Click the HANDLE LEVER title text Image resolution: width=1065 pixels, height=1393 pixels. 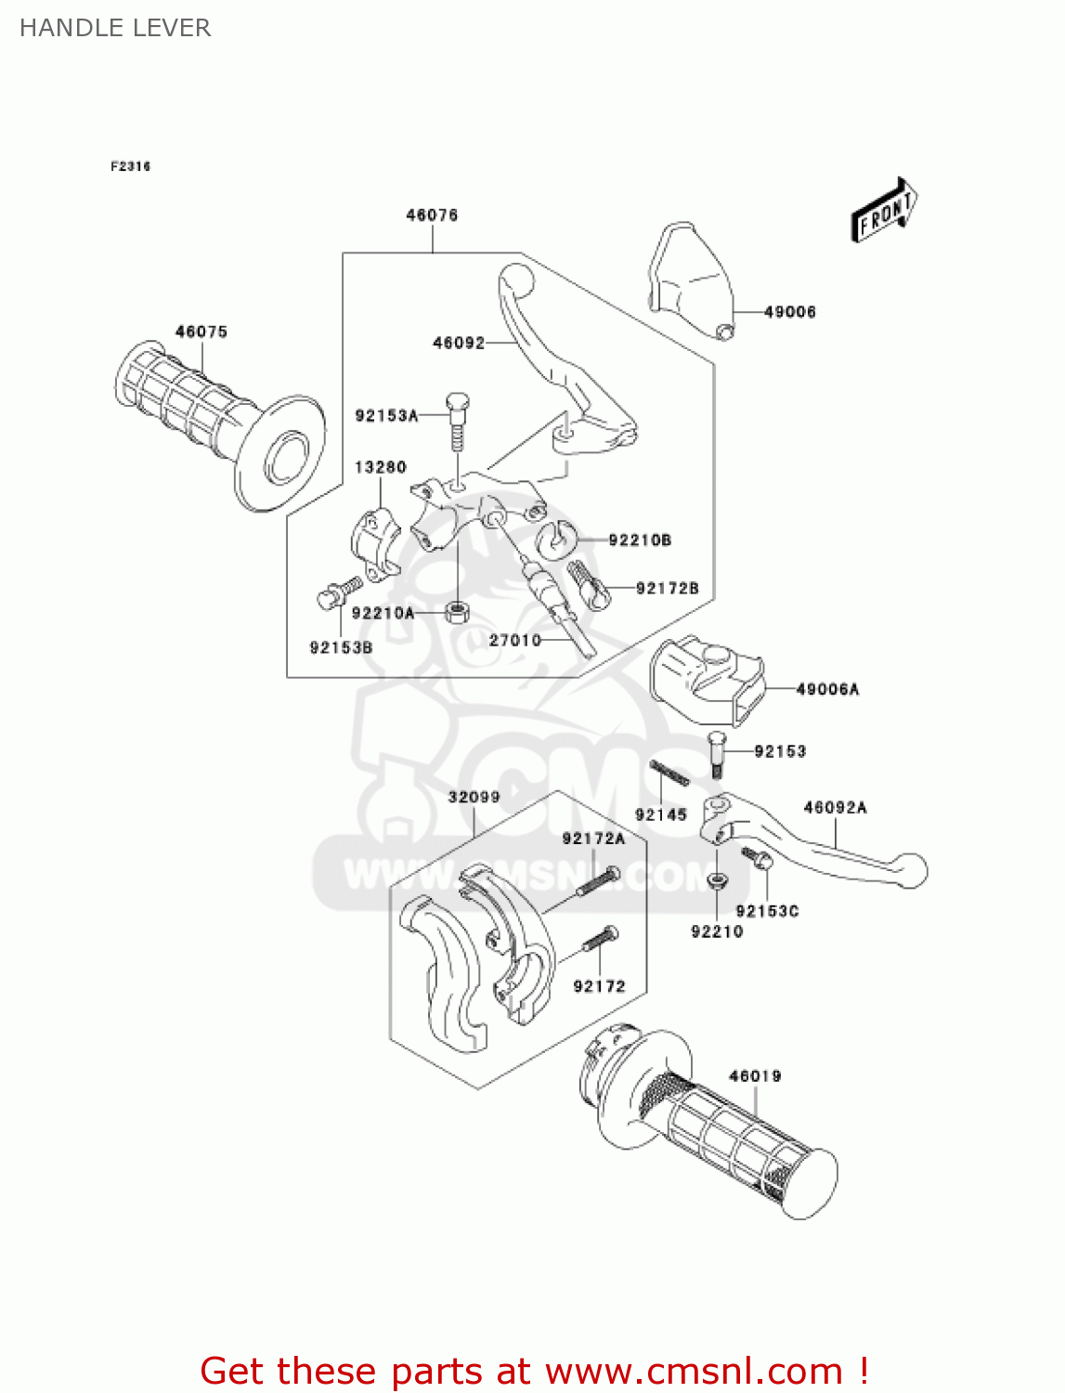(115, 28)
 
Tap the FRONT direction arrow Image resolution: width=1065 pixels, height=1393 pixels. (885, 212)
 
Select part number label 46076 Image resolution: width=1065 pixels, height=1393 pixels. (432, 215)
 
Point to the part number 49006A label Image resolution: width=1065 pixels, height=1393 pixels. (827, 689)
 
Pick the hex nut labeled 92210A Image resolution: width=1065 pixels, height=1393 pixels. (457, 612)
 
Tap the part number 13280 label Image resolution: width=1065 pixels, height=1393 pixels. (381, 467)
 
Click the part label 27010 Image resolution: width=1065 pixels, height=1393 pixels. (515, 640)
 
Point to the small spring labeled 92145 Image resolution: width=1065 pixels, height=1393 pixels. (669, 773)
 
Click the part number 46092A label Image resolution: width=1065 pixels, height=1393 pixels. (835, 808)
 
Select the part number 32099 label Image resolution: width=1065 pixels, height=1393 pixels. (474, 797)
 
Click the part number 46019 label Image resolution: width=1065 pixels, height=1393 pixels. (755, 1076)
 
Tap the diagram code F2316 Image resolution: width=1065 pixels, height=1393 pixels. (130, 166)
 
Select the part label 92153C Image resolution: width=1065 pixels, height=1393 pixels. (767, 911)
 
